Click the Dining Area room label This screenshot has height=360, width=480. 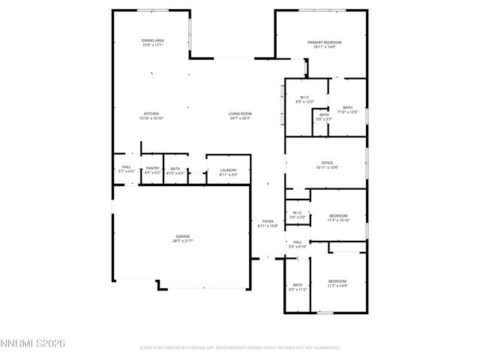[152, 43]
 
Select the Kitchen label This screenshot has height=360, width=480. [151, 115]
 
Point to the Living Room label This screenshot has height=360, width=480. [240, 115]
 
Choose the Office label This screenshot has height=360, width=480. [326, 165]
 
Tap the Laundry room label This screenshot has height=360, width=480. [228, 172]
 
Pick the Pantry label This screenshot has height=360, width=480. [152, 170]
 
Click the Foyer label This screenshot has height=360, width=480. [267, 223]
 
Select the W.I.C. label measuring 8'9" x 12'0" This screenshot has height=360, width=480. [305, 99]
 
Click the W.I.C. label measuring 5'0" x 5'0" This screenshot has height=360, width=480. [297, 214]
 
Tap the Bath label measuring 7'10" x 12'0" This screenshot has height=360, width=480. [347, 109]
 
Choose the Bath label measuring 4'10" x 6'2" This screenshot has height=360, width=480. [175, 170]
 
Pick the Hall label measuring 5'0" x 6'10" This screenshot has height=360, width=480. [297, 244]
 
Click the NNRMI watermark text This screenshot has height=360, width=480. [34, 343]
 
